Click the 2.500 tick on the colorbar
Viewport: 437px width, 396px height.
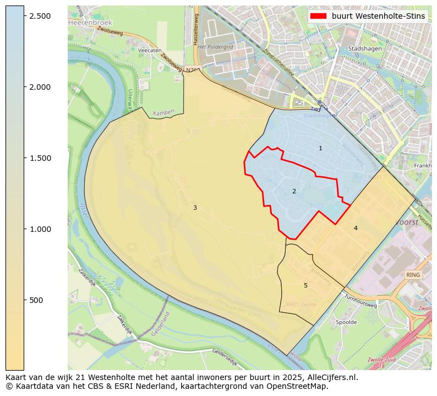coord(40,16)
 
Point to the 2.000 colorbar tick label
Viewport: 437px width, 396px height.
coord(40,87)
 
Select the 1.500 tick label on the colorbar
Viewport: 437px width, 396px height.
coord(40,158)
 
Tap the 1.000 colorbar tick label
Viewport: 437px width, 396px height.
coord(40,229)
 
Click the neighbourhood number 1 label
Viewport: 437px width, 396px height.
coord(320,149)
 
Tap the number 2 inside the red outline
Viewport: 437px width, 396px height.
coord(294,192)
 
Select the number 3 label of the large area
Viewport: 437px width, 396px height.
coord(195,208)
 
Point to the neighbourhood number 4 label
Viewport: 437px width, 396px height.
coord(356,228)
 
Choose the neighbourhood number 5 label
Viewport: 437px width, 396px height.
coord(305,285)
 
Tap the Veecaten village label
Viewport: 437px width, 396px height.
coord(150,50)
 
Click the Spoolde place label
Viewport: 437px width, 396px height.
coord(346,322)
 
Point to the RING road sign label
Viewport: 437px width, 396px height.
coord(413,275)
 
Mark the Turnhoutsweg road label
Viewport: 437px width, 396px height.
coord(360,301)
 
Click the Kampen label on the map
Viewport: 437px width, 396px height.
coord(163,112)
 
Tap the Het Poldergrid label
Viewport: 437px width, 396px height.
coord(216,47)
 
